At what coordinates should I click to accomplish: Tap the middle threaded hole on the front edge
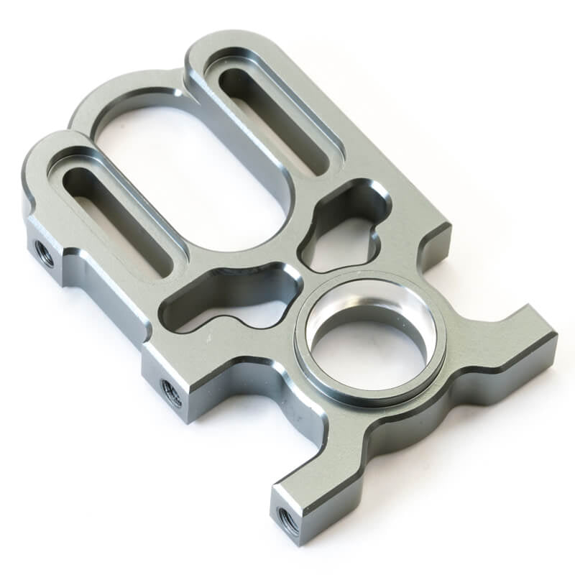[x=172, y=392]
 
